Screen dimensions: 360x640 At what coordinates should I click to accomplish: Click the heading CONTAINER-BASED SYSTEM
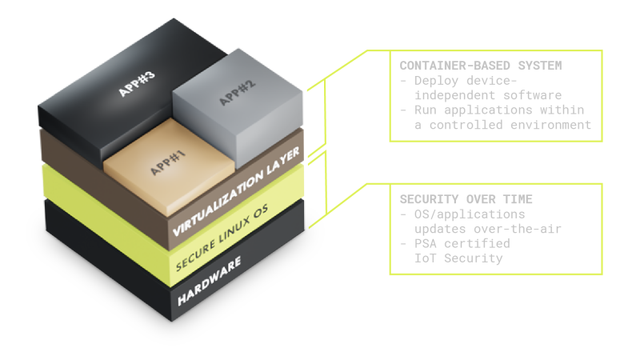point(469,64)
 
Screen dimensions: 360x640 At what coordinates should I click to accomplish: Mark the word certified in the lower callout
point(472,244)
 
